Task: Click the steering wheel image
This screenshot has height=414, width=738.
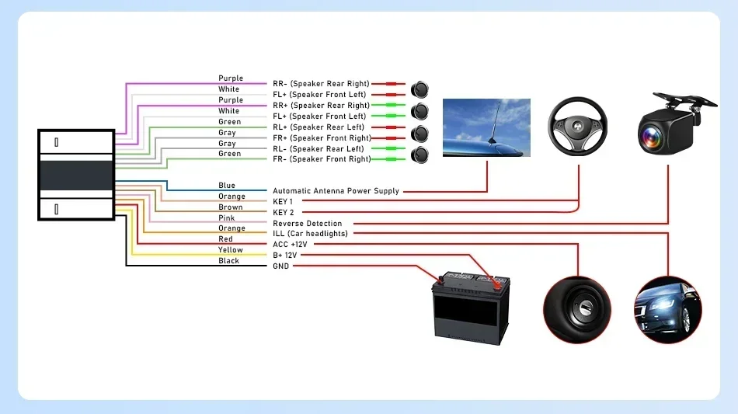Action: (577, 126)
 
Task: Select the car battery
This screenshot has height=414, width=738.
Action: (471, 308)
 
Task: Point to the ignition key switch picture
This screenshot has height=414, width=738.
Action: (577, 310)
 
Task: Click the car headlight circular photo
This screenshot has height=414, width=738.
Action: (668, 310)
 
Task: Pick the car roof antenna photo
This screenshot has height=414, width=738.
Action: (486, 127)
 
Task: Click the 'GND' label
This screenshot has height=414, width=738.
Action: (281, 266)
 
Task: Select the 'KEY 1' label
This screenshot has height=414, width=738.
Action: (283, 201)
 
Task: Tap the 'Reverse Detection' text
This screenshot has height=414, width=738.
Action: (308, 223)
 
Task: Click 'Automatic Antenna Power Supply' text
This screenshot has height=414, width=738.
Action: (336, 190)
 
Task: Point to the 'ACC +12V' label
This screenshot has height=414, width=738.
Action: (290, 244)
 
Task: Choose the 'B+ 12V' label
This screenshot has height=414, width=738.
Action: (285, 255)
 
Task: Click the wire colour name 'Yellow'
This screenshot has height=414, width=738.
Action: (231, 250)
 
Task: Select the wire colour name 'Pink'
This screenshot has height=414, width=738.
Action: (226, 217)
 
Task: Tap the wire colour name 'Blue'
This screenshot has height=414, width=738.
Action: (227, 186)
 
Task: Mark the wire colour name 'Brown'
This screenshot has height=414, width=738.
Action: (231, 207)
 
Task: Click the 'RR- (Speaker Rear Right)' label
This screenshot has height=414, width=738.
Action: (321, 83)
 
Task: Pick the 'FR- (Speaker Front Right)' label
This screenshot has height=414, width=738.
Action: (322, 159)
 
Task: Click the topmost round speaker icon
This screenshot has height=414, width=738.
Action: (419, 89)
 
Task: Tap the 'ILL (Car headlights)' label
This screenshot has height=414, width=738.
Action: (310, 233)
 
